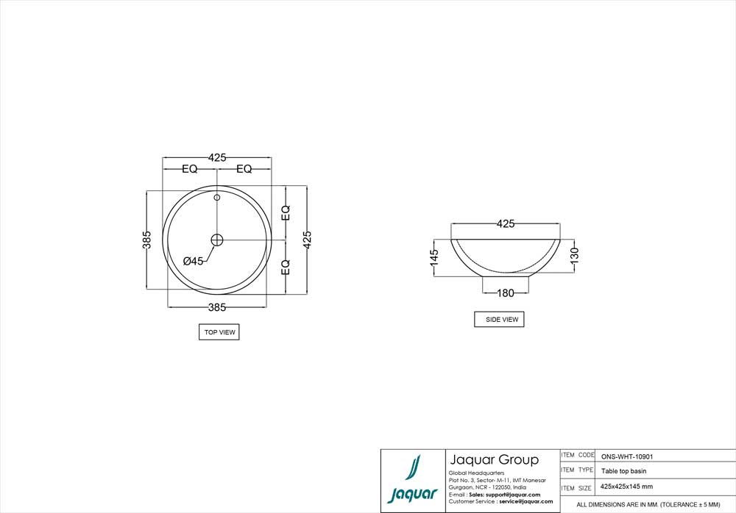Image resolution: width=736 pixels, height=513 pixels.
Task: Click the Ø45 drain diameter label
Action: coord(193,261)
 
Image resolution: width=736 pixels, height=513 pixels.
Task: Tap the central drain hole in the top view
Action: coord(217,240)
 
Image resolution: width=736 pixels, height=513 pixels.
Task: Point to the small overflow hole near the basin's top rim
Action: coord(217,197)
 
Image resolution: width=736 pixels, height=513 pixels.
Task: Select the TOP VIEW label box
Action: coord(219,332)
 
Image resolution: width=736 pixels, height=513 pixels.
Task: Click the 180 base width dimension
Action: coord(506,293)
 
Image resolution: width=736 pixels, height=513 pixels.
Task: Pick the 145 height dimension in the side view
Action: coord(434,256)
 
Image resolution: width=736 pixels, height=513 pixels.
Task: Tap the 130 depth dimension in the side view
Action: coord(575,255)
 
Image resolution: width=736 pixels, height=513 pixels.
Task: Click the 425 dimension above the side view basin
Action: coord(506,223)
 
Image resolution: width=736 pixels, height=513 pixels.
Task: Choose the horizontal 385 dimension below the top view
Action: coord(216,306)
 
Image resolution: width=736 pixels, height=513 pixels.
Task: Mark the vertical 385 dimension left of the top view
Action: coord(147,240)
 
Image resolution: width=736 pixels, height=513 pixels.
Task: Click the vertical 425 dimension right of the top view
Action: coord(308,240)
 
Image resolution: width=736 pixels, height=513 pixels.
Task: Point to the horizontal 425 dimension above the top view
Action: coord(217,157)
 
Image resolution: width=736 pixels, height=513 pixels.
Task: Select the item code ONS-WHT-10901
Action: coord(627,456)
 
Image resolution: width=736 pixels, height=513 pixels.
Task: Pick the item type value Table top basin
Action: coord(624,471)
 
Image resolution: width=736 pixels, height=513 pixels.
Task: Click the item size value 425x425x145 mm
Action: coord(627,487)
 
